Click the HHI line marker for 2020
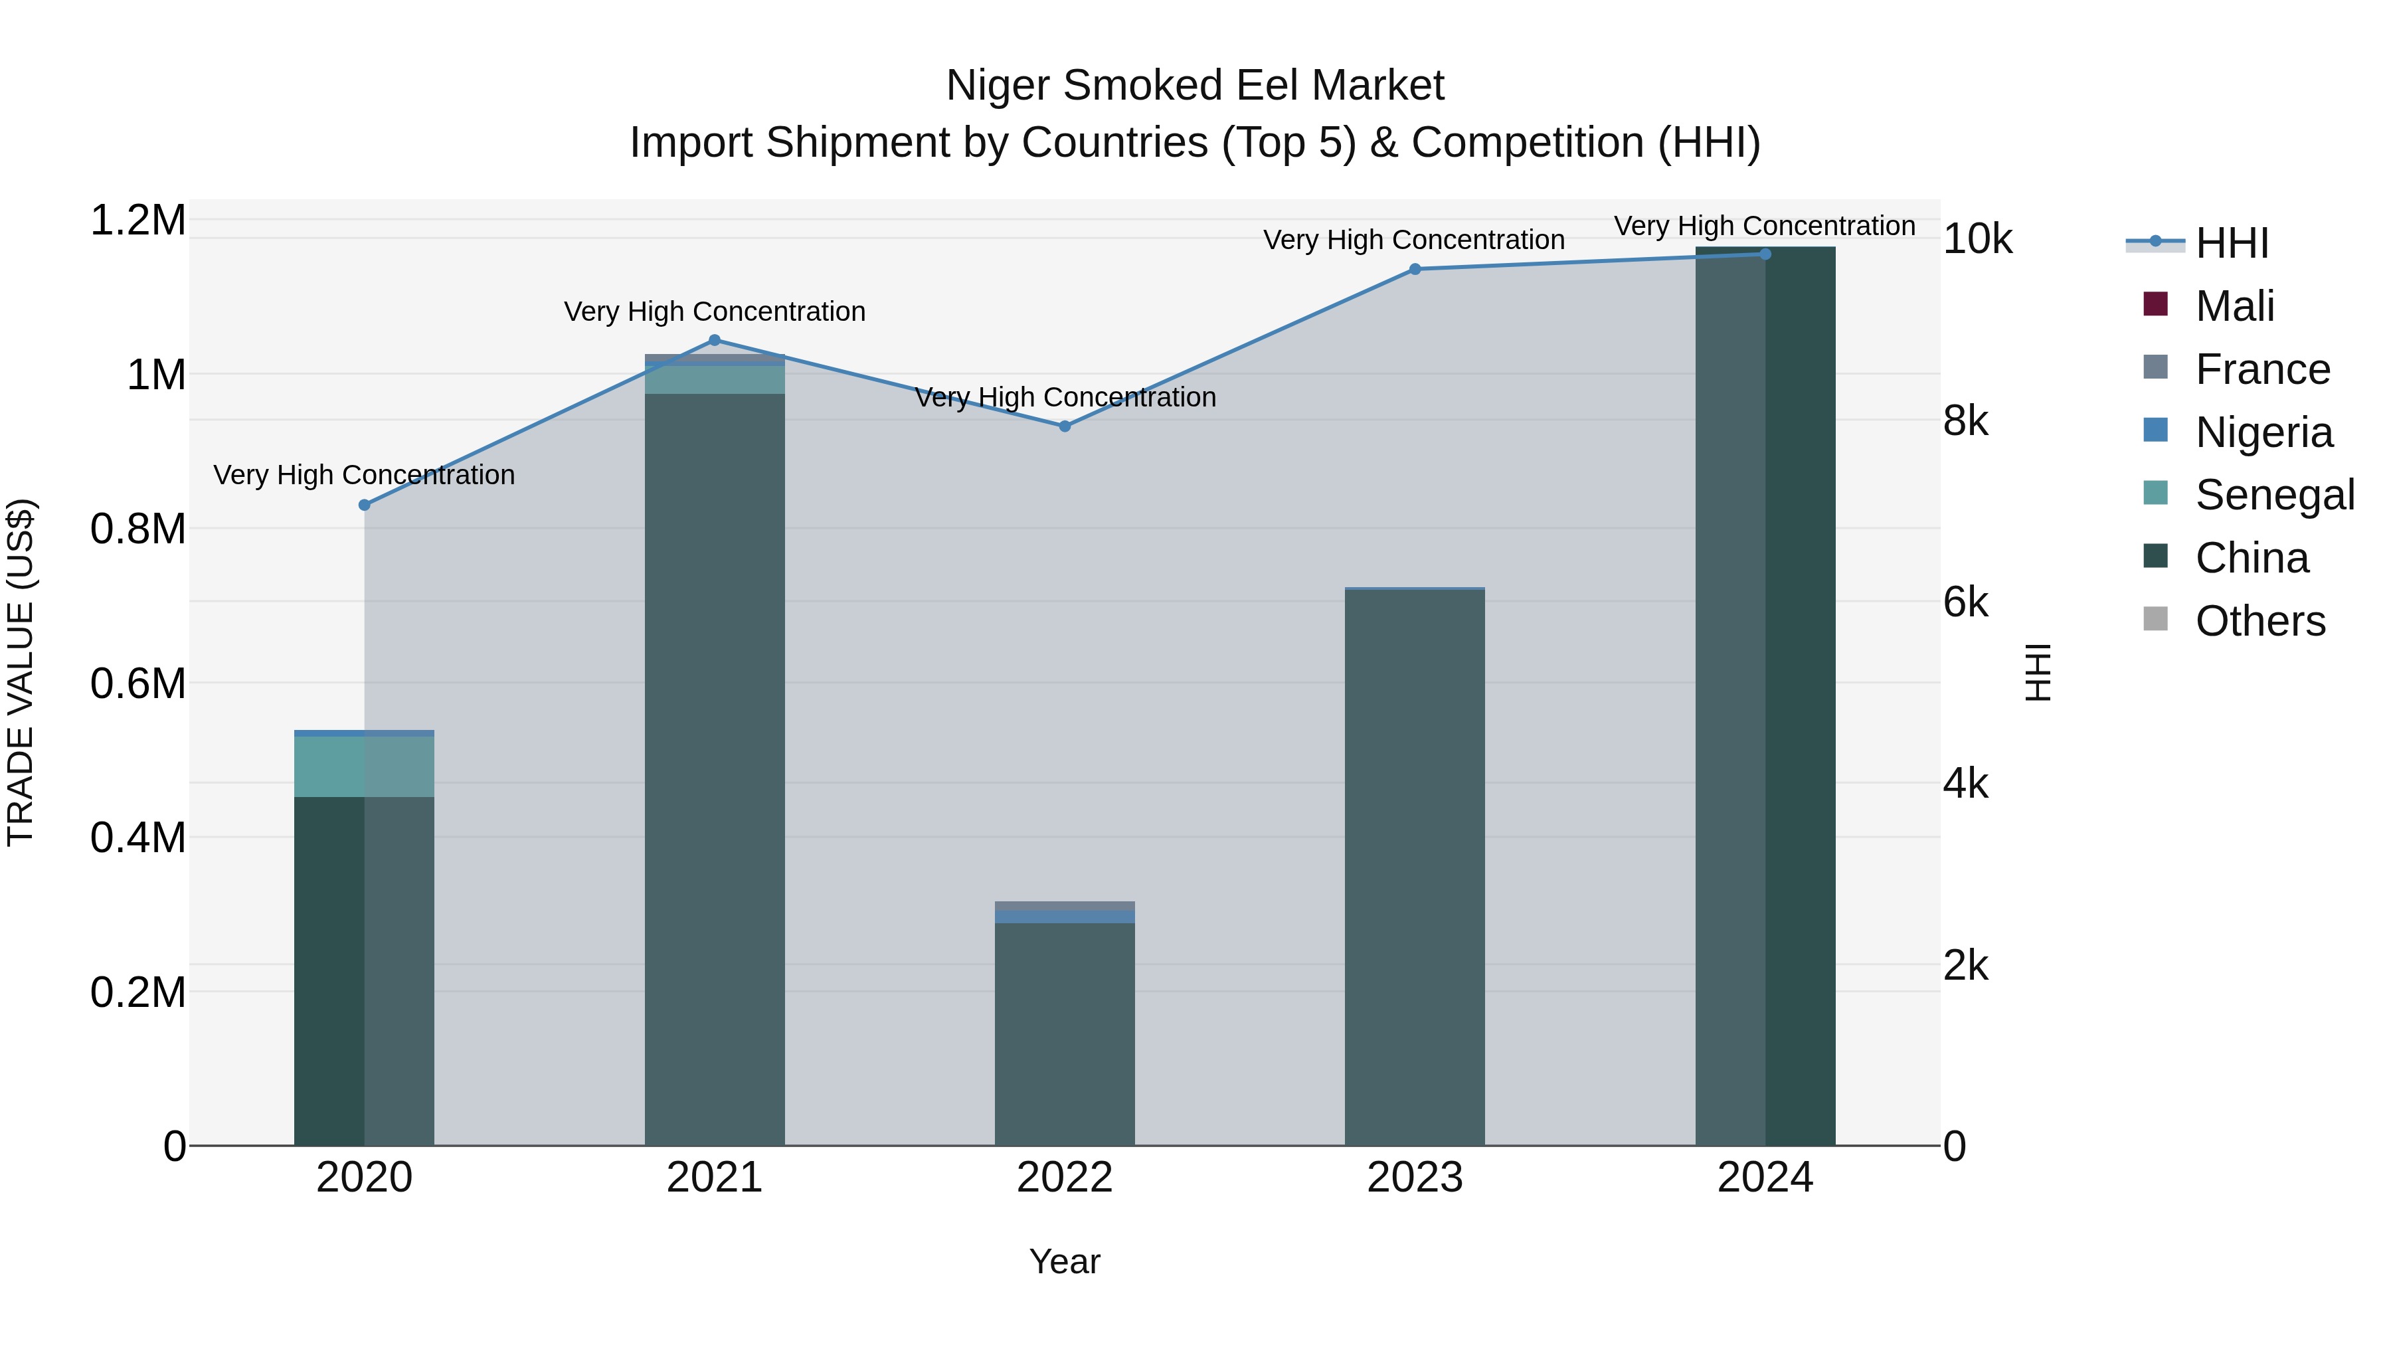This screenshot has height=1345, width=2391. [x=364, y=505]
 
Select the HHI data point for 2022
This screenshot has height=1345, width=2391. [x=1065, y=426]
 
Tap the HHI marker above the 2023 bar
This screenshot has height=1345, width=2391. [x=1415, y=269]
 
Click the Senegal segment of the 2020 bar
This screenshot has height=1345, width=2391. [x=364, y=766]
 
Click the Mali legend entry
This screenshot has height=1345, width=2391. [x=2234, y=306]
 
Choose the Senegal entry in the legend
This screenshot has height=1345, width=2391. [x=2274, y=495]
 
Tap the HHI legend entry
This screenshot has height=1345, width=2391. [x=2232, y=243]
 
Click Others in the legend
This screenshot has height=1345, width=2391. [x=2259, y=621]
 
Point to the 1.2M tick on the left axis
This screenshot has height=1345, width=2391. [x=137, y=221]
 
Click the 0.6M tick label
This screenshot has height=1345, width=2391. [x=137, y=684]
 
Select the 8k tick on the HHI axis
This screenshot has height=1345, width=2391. [x=1966, y=421]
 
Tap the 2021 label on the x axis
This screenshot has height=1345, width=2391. [x=714, y=1178]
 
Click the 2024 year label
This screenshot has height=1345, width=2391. [x=1765, y=1178]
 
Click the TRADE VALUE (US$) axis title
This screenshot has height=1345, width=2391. [x=21, y=672]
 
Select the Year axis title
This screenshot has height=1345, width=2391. [x=1065, y=1261]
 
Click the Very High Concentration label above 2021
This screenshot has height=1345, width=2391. [x=714, y=312]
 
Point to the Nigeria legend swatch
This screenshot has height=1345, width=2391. [x=2155, y=430]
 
